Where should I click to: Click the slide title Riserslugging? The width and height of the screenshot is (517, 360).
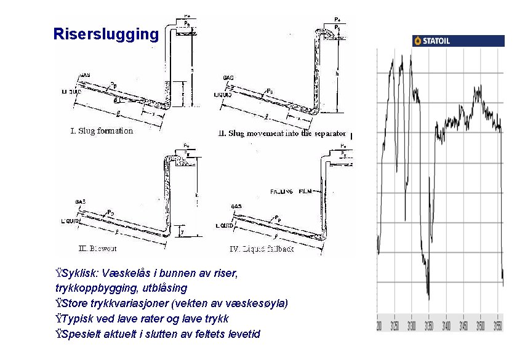click(106, 34)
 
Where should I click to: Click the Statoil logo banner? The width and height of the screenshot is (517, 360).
click(457, 41)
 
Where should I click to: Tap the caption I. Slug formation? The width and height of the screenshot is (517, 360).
click(102, 130)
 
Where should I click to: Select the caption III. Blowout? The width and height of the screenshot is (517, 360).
click(98, 249)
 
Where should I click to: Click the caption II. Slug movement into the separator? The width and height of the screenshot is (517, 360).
click(283, 134)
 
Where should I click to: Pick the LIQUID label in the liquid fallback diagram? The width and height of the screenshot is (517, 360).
click(224, 226)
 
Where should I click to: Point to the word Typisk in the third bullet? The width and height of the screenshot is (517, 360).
click(78, 319)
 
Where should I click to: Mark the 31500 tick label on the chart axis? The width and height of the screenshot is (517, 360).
click(479, 324)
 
